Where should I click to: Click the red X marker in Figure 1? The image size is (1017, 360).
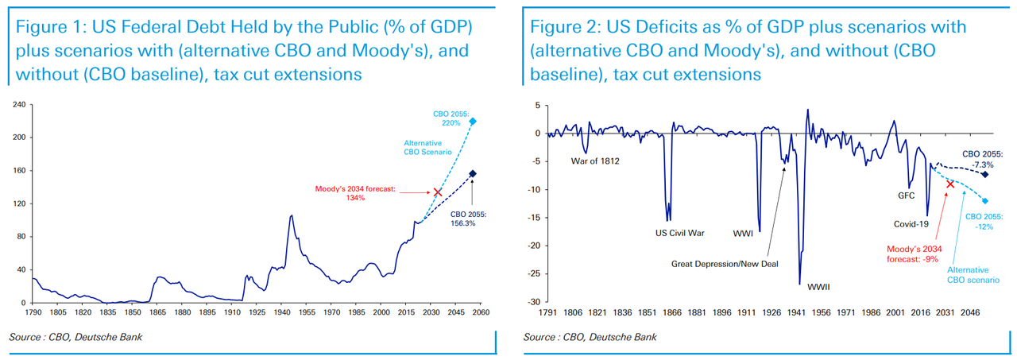437,192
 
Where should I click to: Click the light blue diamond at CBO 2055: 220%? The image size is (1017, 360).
472,122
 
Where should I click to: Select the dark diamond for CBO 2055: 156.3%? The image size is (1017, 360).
472,174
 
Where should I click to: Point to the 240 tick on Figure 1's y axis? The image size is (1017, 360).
19,104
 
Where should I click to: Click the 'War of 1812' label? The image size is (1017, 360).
595,161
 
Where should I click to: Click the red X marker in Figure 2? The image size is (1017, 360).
949,184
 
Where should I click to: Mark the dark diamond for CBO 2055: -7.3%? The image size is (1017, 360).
985,174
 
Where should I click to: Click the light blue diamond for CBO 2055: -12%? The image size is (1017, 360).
985,201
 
